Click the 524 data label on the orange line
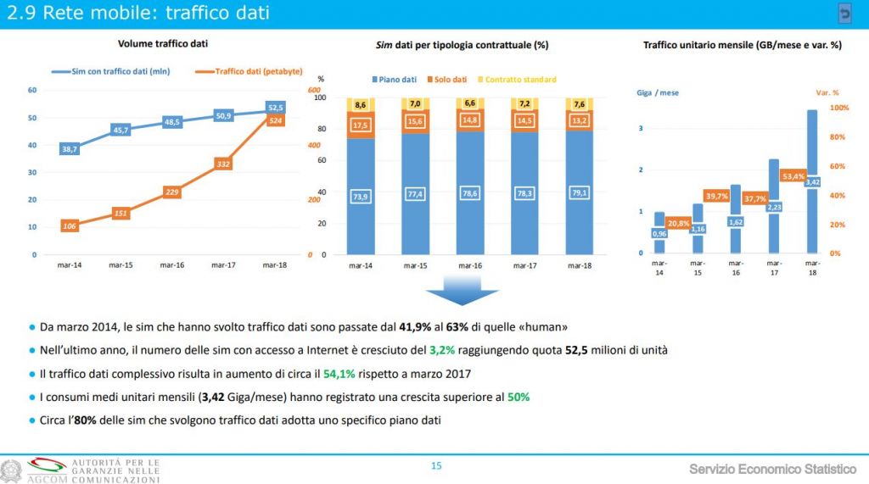276,121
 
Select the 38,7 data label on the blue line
70,149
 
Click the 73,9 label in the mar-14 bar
361,197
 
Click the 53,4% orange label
793,176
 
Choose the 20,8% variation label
679,223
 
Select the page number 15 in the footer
436,465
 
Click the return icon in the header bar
844,14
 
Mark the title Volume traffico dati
163,43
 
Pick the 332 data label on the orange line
223,164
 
